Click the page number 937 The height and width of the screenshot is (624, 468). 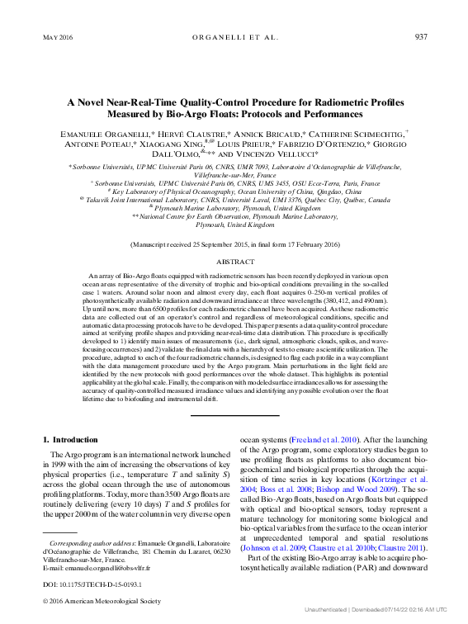pyautogui.click(x=420, y=37)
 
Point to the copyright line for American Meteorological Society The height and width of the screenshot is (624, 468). pyautogui.click(x=95, y=600)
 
